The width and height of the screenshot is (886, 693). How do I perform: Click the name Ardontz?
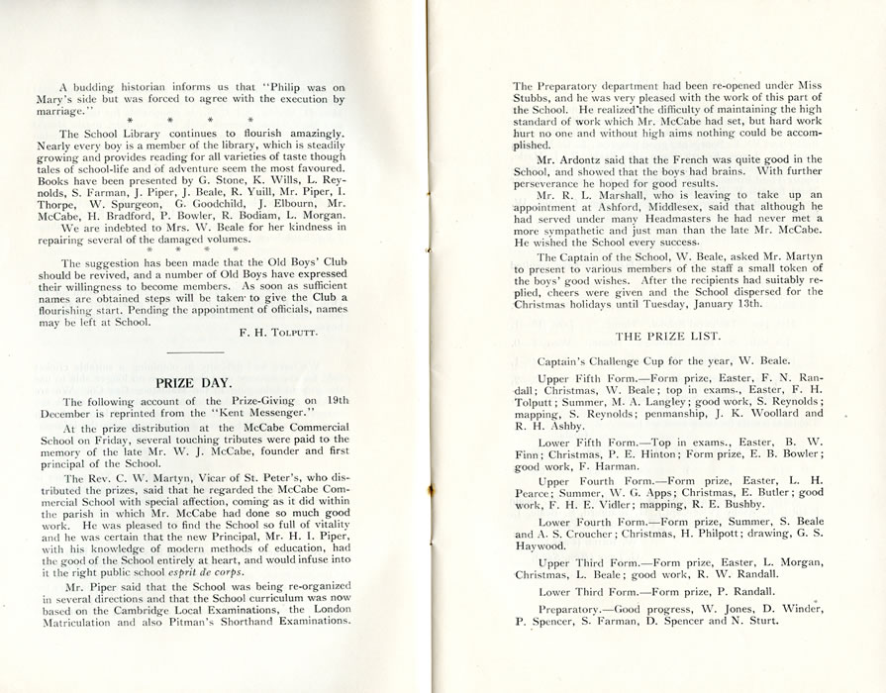pyautogui.click(x=593, y=158)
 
